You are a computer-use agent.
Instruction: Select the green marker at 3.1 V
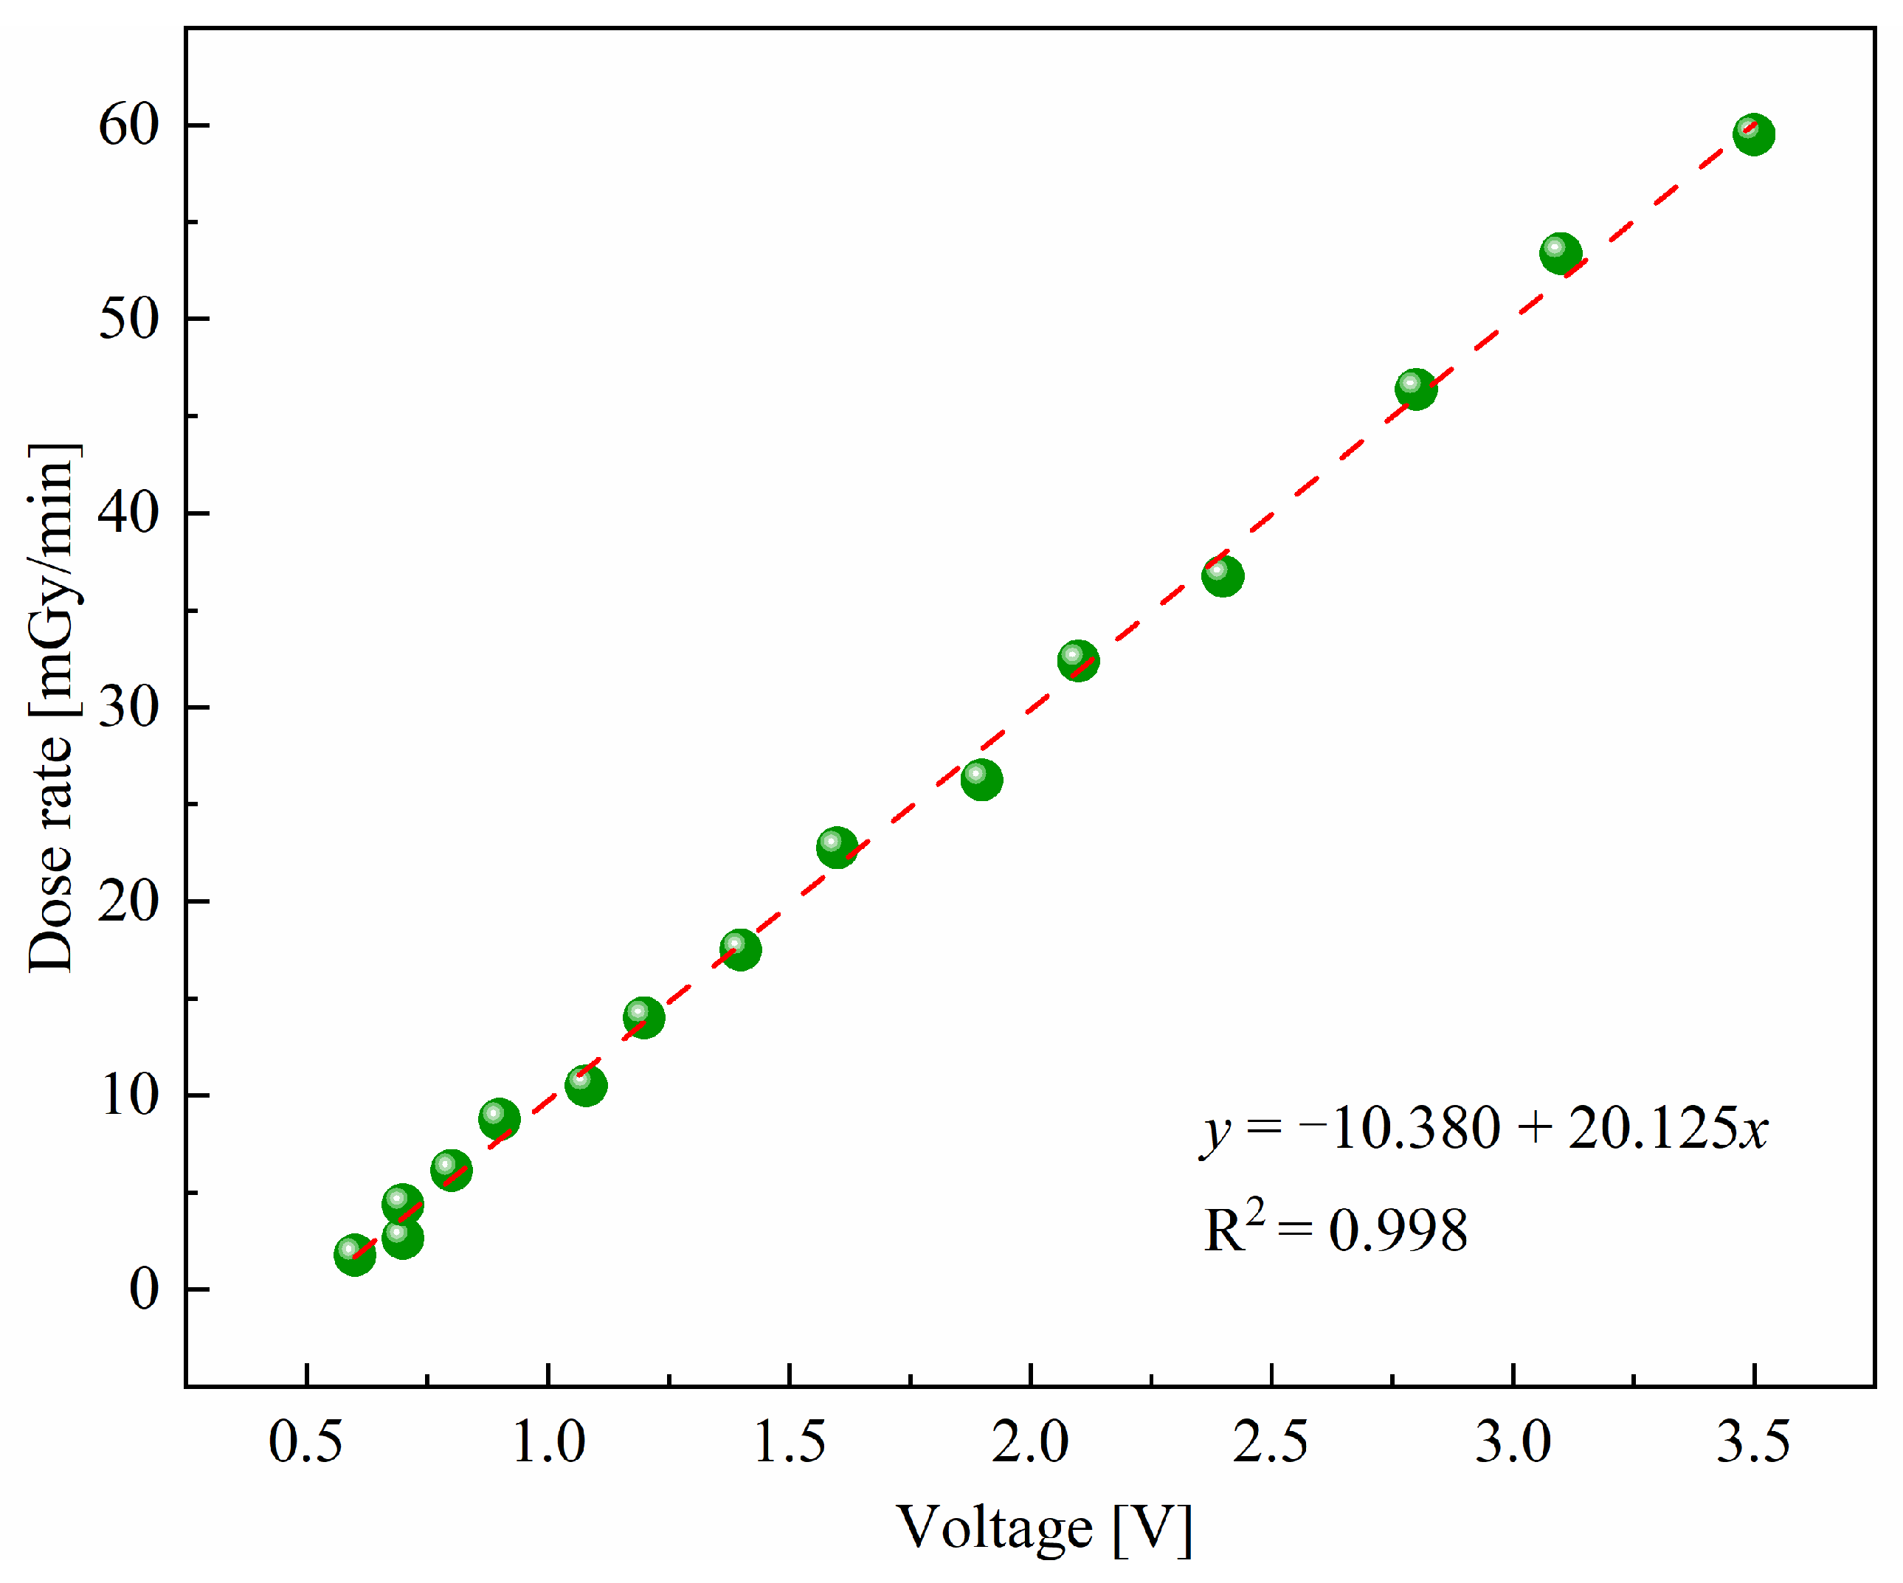[x=1561, y=253]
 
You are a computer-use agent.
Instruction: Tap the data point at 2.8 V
[x=1415, y=389]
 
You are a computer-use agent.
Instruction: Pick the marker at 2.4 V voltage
[x=1223, y=575]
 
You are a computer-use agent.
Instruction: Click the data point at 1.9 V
[x=981, y=779]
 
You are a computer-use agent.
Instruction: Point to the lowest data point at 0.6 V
[x=354, y=1255]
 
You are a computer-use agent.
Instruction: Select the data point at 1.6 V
[x=837, y=848]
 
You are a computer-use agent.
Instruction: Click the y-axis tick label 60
[x=128, y=125]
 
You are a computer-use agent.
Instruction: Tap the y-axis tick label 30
[x=128, y=707]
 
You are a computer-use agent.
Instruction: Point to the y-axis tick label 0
[x=144, y=1289]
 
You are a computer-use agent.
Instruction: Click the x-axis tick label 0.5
[x=306, y=1441]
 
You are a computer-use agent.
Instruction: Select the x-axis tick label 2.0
[x=1030, y=1441]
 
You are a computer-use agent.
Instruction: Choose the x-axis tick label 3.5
[x=1753, y=1441]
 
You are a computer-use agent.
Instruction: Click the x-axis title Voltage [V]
[x=1044, y=1528]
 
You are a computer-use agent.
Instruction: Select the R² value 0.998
[x=1398, y=1230]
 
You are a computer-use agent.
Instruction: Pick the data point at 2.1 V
[x=1078, y=660]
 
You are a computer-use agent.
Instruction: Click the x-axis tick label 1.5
[x=790, y=1441]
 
